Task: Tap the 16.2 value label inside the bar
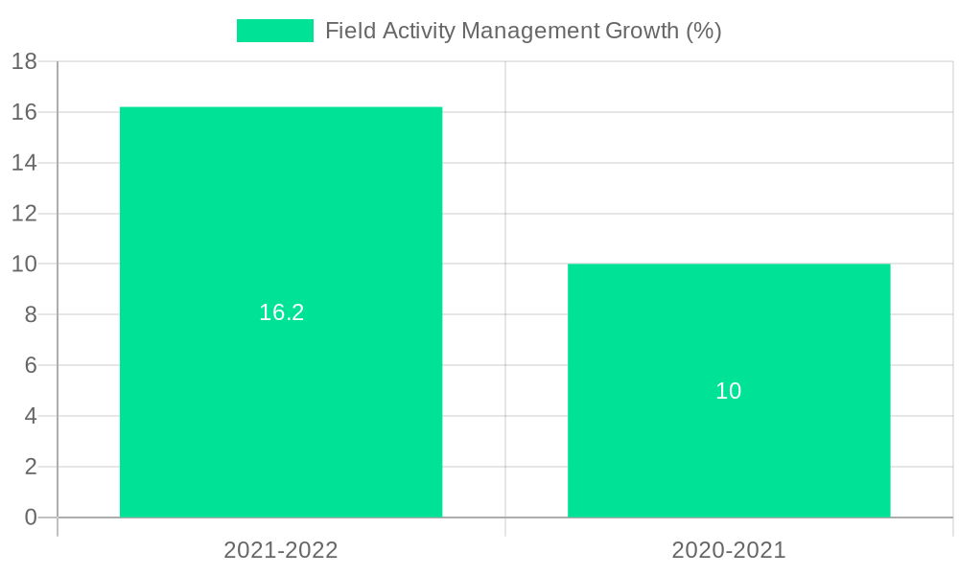(281, 312)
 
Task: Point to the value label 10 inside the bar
(729, 391)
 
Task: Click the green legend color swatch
(275, 31)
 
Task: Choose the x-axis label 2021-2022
(281, 550)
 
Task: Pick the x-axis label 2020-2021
(729, 550)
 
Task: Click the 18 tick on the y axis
(24, 62)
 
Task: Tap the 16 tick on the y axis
(24, 112)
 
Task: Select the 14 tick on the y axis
(24, 163)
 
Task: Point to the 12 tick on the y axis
(24, 214)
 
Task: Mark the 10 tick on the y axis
(24, 264)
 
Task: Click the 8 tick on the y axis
(30, 314)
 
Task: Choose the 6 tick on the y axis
(30, 365)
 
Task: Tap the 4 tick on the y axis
(30, 416)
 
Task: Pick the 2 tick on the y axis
(30, 467)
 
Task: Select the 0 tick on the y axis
(30, 517)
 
